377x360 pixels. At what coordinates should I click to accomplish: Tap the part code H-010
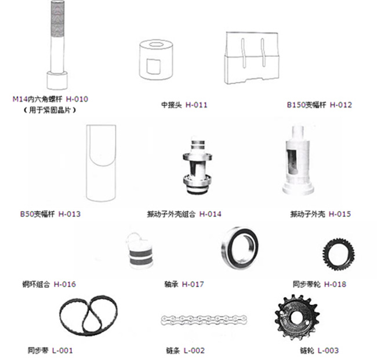[x=77, y=99]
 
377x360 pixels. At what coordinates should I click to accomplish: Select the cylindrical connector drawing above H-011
[x=156, y=60]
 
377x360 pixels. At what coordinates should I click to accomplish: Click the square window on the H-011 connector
[x=153, y=66]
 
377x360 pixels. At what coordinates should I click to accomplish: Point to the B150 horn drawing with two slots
[x=252, y=58]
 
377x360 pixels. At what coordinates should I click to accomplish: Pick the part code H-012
[x=341, y=105]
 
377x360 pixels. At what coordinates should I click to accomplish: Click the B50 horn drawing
[x=101, y=163]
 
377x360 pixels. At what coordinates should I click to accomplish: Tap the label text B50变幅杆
[x=38, y=214]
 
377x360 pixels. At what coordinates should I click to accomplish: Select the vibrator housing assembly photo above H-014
[x=197, y=167]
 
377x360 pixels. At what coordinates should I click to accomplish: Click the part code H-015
[x=340, y=214]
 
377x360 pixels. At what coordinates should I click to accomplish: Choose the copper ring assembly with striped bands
[x=140, y=251]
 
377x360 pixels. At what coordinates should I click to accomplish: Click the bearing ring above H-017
[x=240, y=247]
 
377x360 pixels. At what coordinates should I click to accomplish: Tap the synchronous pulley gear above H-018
[x=338, y=254]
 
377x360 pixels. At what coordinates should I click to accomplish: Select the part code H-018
[x=335, y=284]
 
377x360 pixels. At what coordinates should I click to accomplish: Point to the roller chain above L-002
[x=204, y=320]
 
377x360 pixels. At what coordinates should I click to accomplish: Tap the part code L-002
[x=194, y=351]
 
